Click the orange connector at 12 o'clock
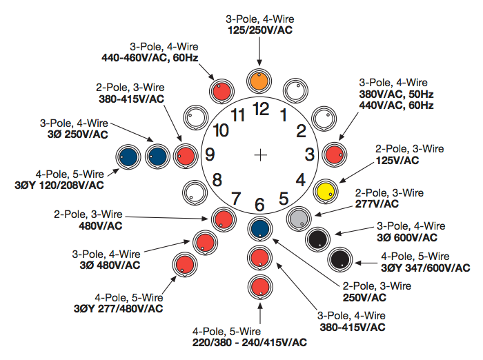[259, 81]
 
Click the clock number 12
[260, 108]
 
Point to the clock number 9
[210, 154]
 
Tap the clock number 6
[259, 204]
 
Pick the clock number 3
[310, 154]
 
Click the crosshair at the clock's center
[260, 155]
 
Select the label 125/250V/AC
[259, 31]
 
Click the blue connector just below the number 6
[259, 228]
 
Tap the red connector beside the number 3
[335, 154]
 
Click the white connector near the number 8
[194, 191]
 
